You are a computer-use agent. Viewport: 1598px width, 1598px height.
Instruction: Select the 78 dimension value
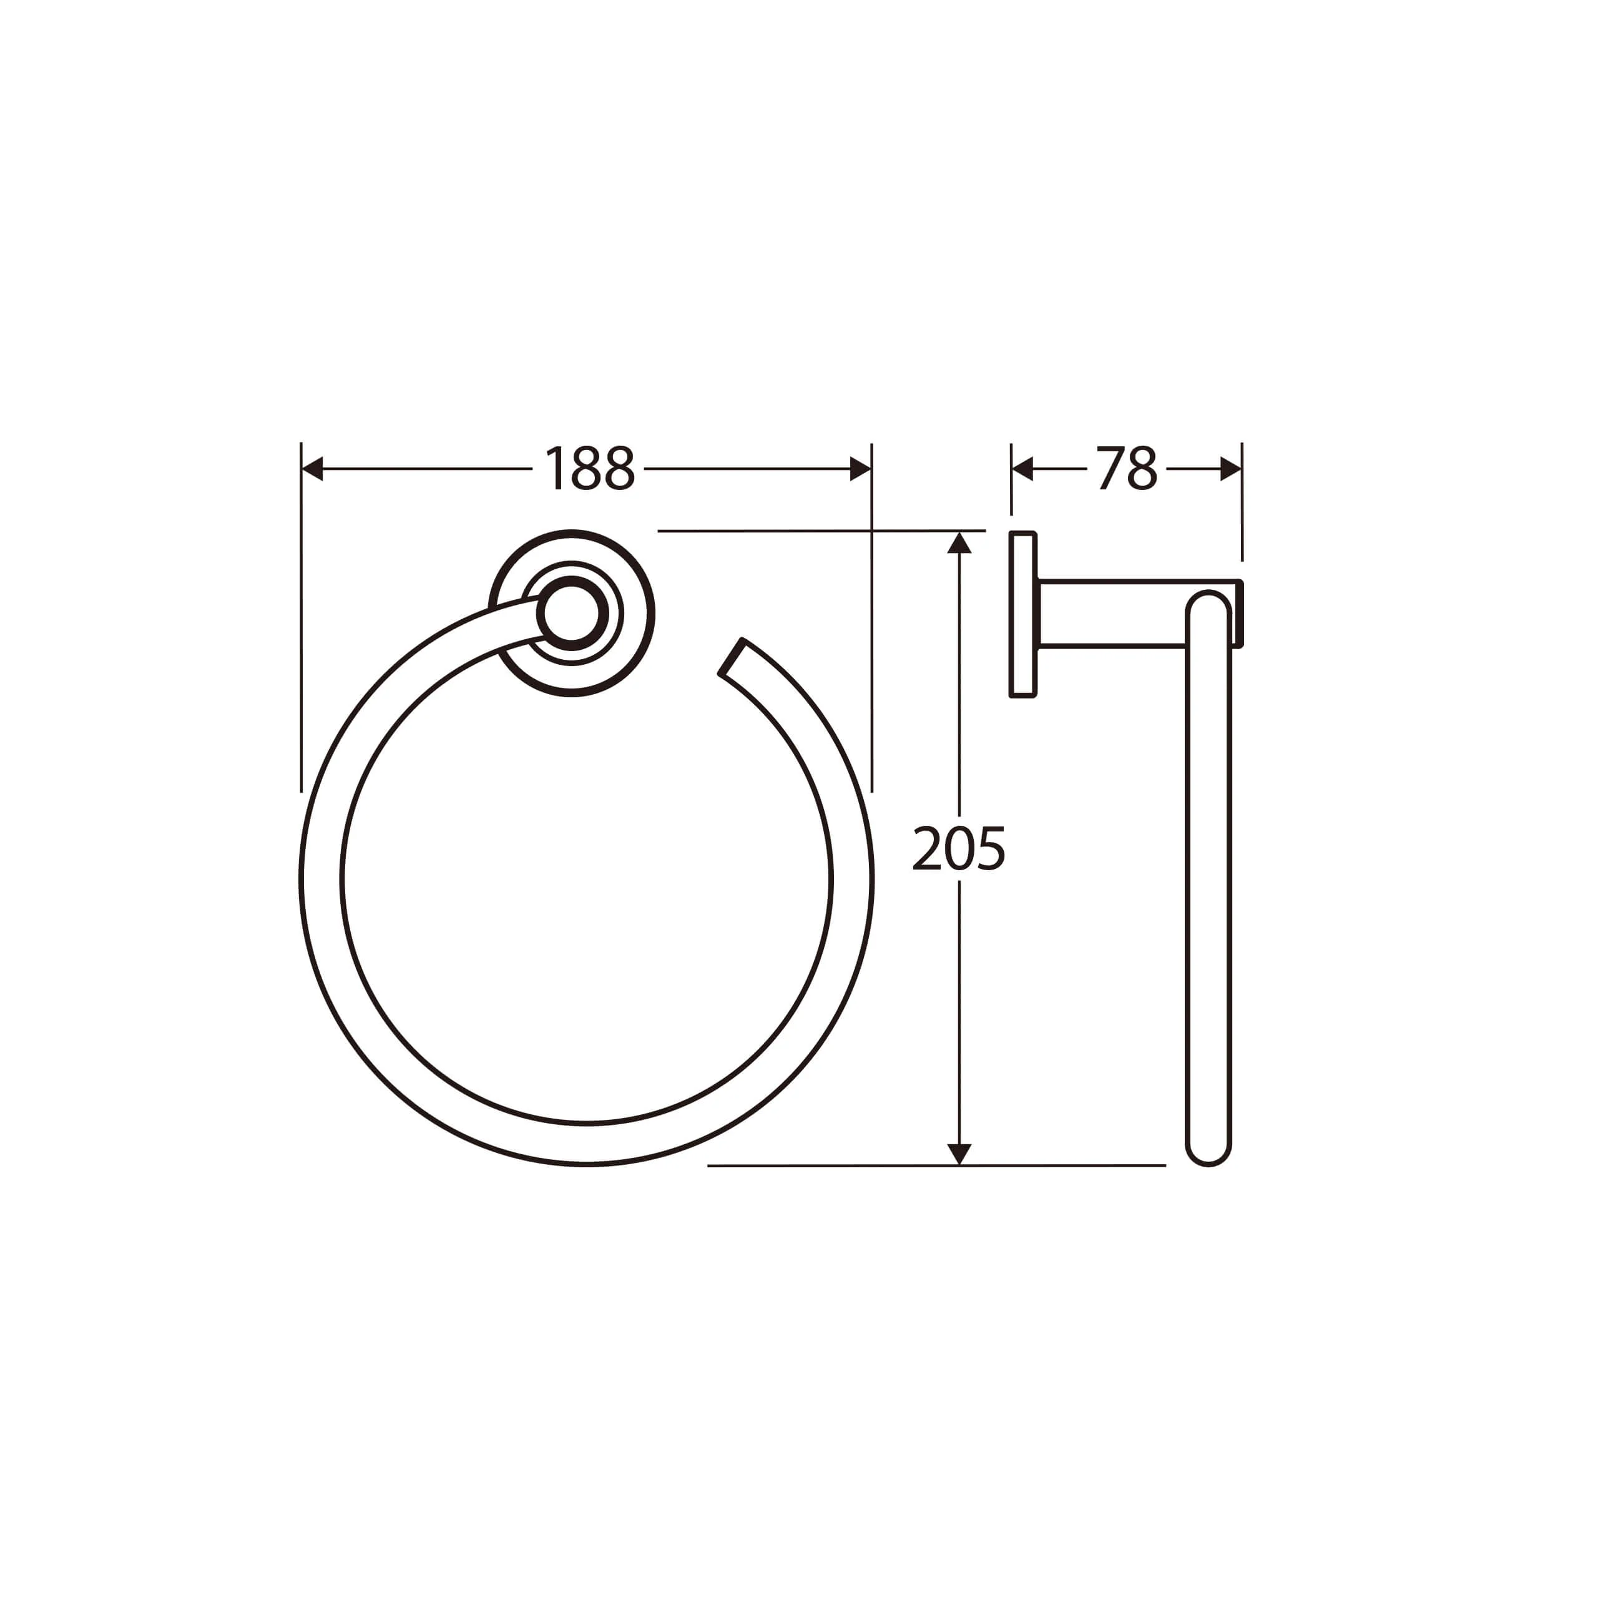click(1127, 469)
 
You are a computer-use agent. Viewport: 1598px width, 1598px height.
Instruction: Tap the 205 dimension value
click(959, 849)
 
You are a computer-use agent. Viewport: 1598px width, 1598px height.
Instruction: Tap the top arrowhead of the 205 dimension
click(959, 542)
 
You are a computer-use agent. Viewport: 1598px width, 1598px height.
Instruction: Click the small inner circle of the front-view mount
click(572, 614)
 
